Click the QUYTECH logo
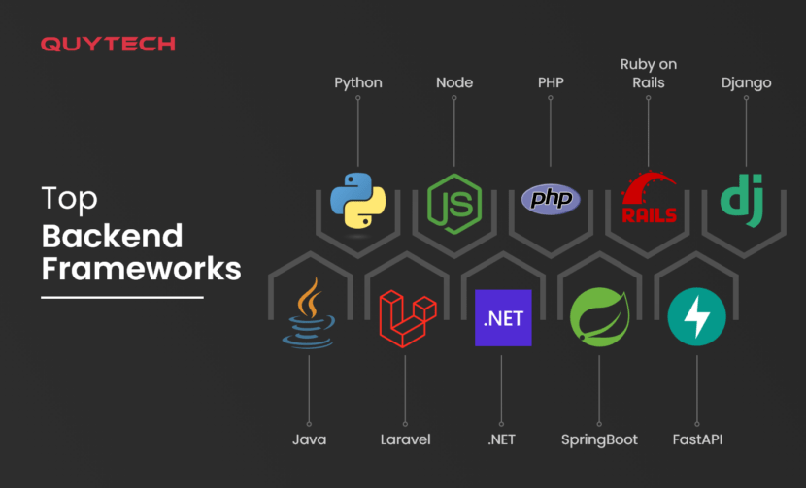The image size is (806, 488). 108,44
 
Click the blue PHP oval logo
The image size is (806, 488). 551,199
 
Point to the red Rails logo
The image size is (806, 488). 649,199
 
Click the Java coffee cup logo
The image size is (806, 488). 308,313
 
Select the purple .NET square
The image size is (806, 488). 503,317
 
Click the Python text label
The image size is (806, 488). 358,82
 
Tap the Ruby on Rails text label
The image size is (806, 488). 649,73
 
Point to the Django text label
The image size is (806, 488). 746,82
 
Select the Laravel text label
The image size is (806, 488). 406,439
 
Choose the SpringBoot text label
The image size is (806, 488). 599,439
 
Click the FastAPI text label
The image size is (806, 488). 697,439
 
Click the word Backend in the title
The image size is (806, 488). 112,236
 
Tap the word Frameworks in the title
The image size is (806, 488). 141,267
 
